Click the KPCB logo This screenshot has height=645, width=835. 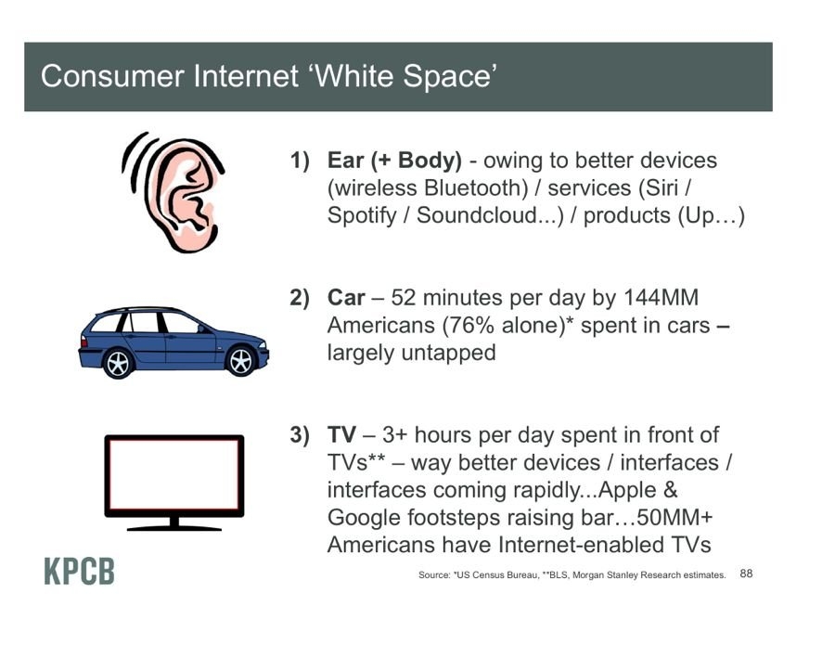pos(80,571)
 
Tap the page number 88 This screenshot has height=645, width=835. pos(746,574)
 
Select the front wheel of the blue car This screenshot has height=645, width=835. pos(240,361)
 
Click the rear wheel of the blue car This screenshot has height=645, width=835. pos(118,363)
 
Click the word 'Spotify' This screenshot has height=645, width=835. pos(362,215)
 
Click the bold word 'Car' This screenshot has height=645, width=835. pos(346,298)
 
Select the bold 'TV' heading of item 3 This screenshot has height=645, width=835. pos(341,434)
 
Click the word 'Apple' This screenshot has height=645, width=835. pos(627,491)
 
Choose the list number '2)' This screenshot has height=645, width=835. pos(300,298)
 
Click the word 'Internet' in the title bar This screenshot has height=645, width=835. pos(246,75)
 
